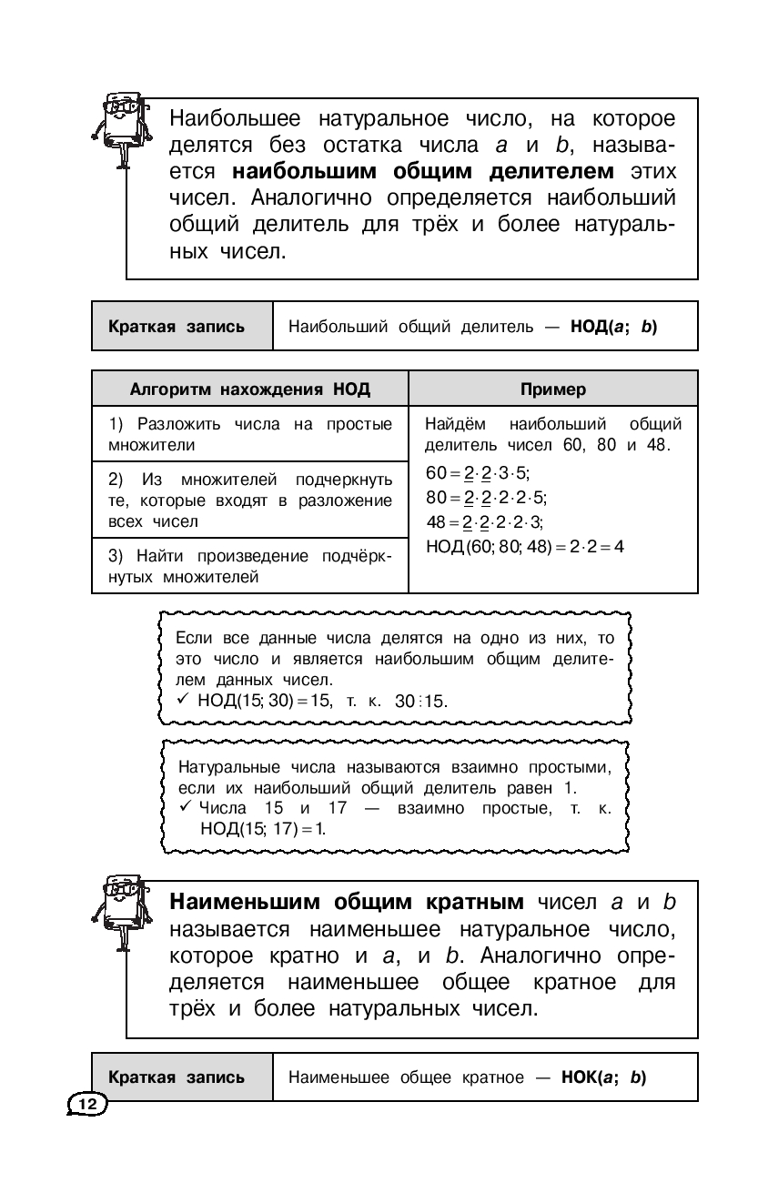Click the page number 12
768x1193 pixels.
click(x=87, y=1103)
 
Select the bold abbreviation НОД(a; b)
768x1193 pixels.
click(x=612, y=326)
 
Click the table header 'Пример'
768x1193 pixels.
click(x=553, y=389)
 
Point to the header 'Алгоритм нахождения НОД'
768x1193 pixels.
click(x=250, y=389)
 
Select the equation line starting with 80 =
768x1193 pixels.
click(x=487, y=497)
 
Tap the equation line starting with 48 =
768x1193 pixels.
click(x=484, y=521)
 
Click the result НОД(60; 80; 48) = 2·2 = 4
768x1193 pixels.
click(x=524, y=546)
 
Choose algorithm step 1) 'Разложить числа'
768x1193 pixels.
click(x=250, y=434)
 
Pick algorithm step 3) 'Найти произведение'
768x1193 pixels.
click(x=250, y=566)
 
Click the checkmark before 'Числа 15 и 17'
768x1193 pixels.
click(x=184, y=808)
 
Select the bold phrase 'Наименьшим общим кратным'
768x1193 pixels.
click(x=347, y=902)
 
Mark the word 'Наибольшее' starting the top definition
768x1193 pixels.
click(x=239, y=119)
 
